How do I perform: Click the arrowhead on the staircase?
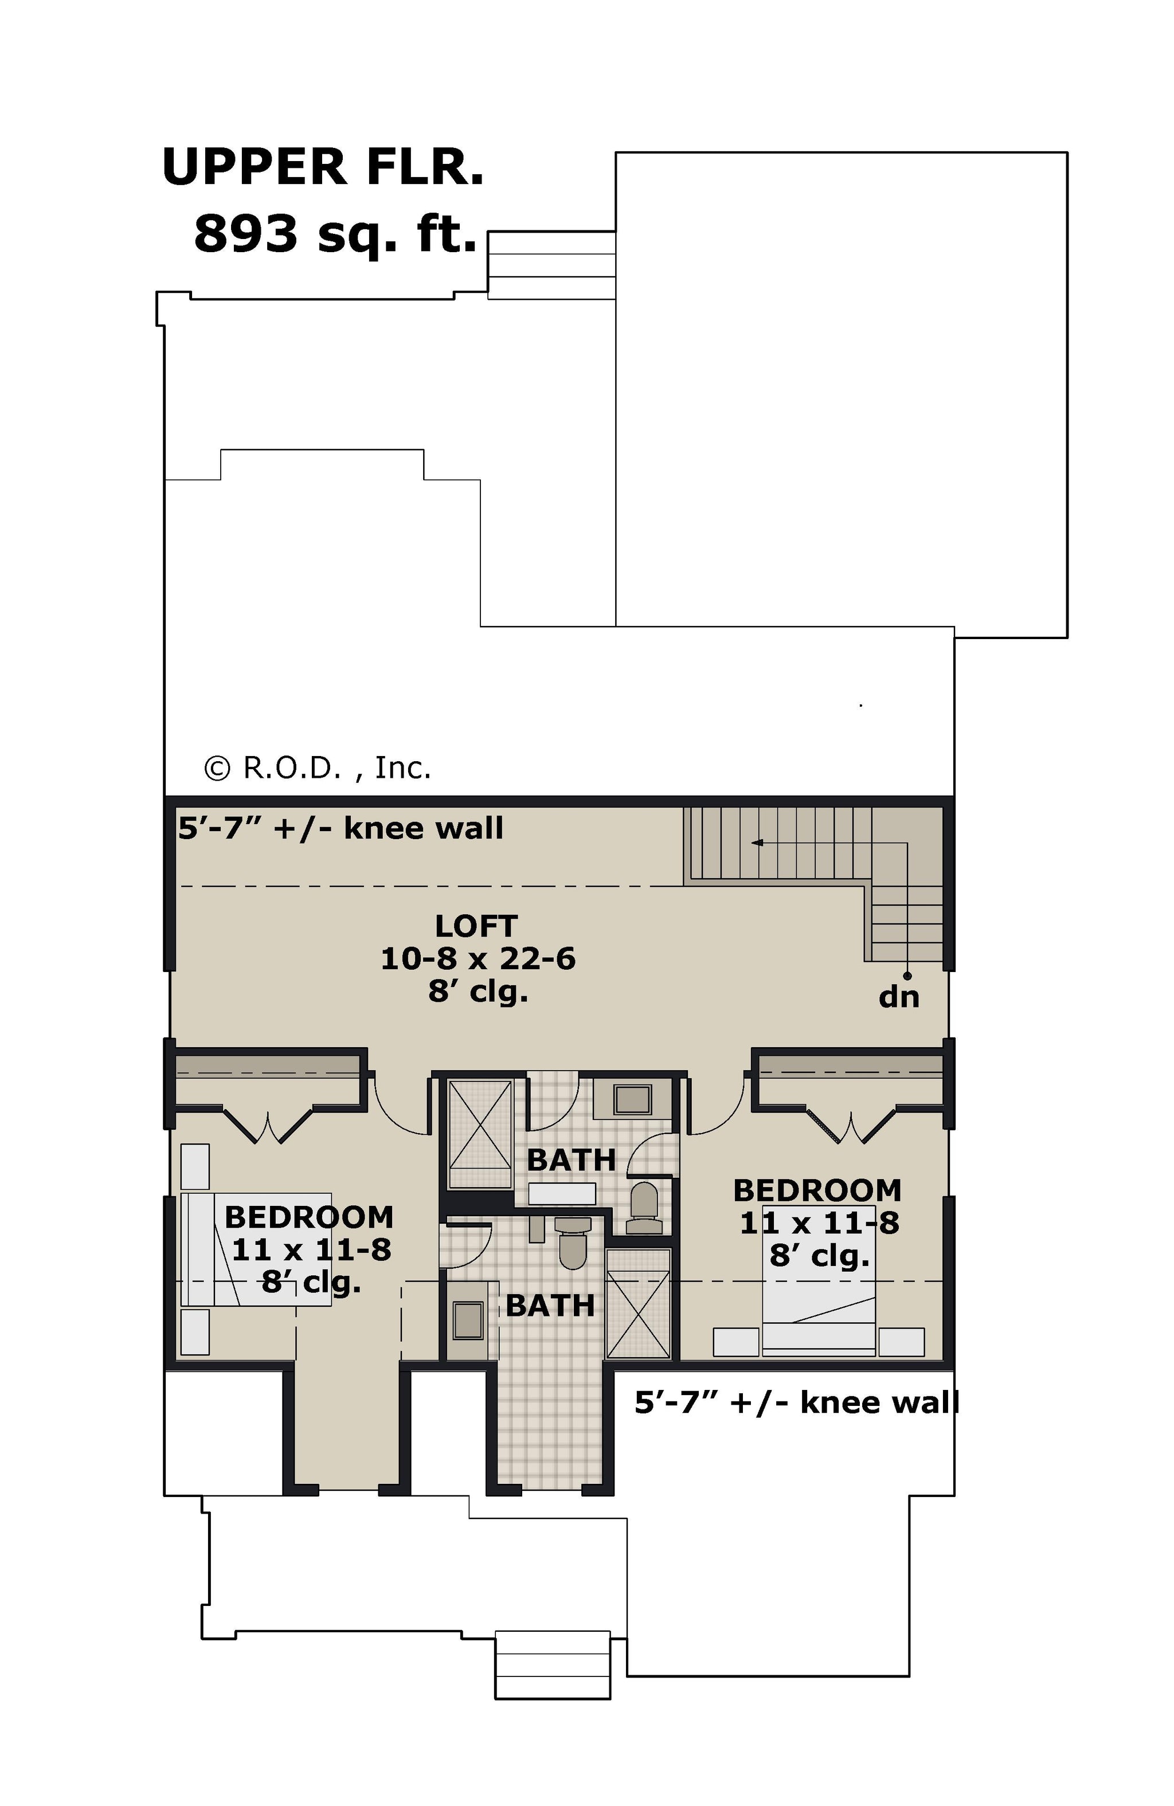pyautogui.click(x=757, y=843)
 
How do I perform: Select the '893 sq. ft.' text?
pyautogui.click(x=335, y=233)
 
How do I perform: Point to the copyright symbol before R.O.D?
pyautogui.click(x=217, y=769)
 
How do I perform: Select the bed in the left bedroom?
pyautogui.click(x=256, y=1249)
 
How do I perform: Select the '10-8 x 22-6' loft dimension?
pyautogui.click(x=478, y=958)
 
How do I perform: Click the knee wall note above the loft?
pyautogui.click(x=341, y=828)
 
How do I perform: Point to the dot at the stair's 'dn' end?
pyautogui.click(x=907, y=976)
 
